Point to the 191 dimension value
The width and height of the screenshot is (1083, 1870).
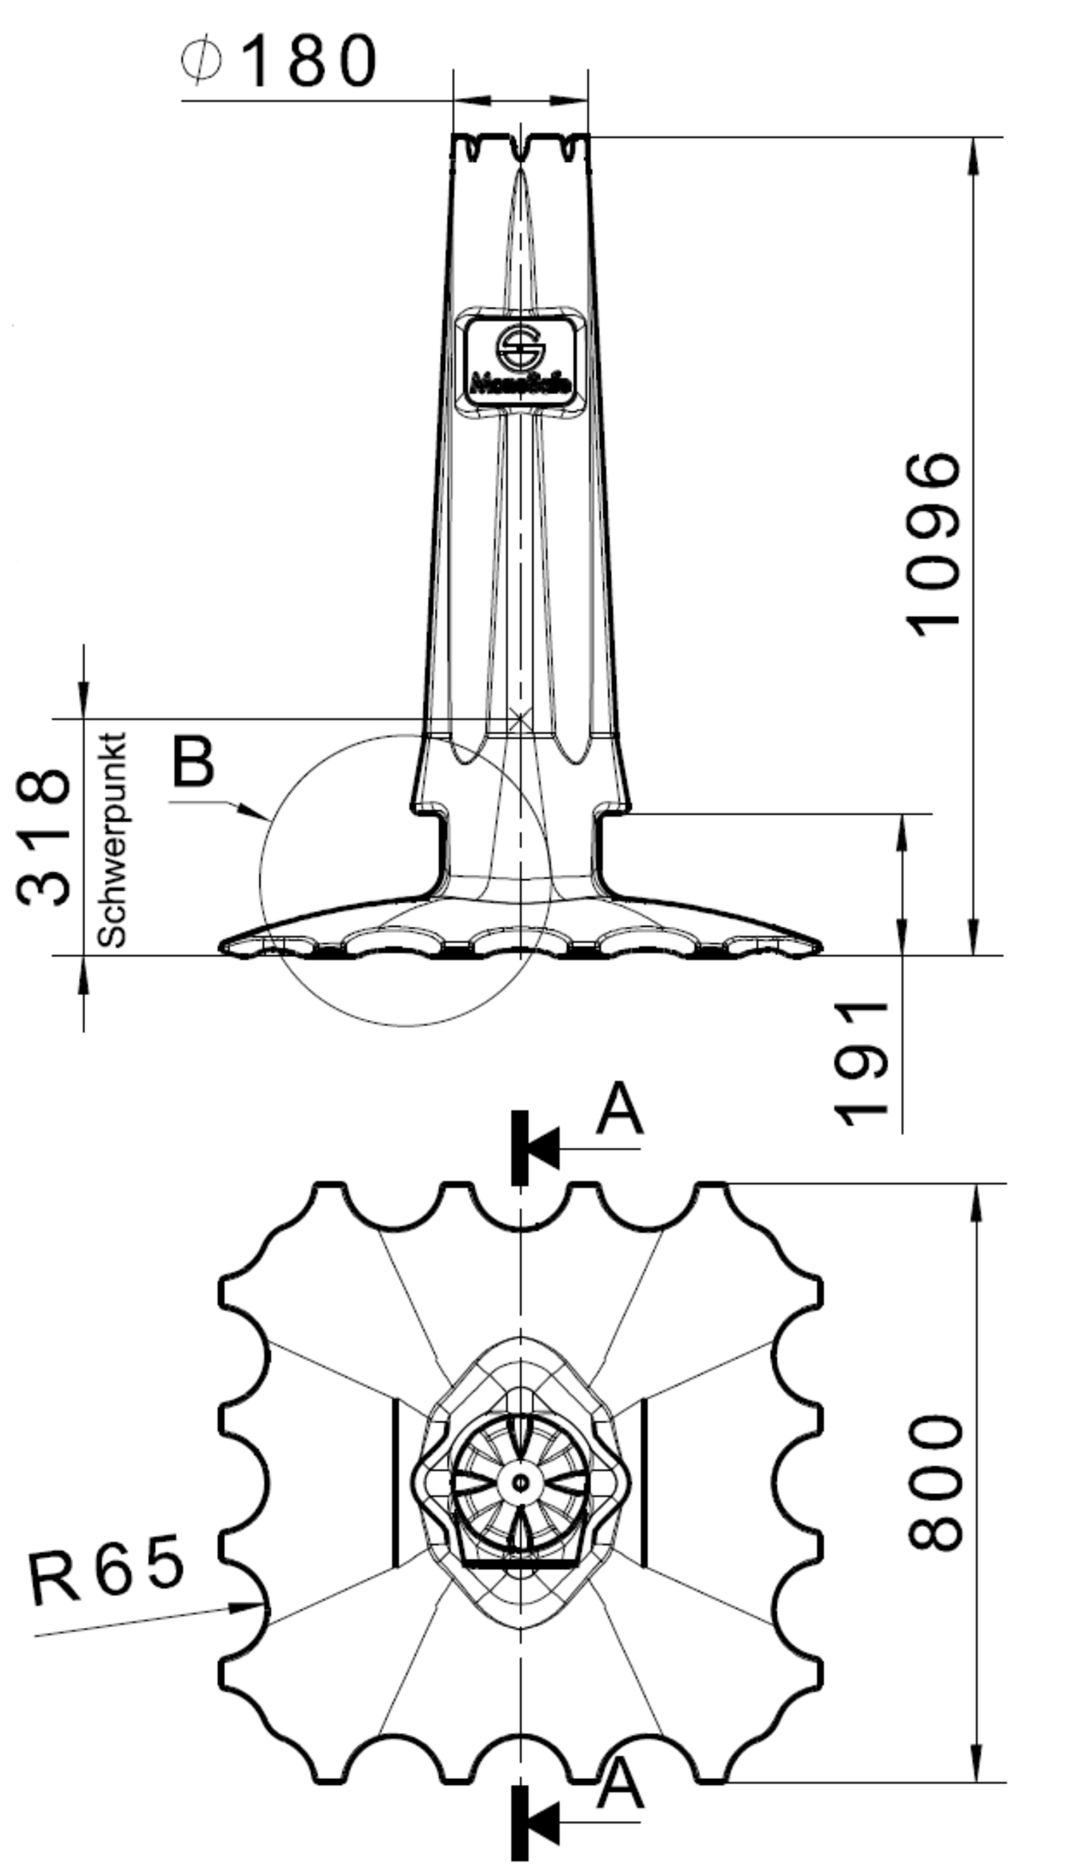point(861,1065)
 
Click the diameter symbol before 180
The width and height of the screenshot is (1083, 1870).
point(200,61)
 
